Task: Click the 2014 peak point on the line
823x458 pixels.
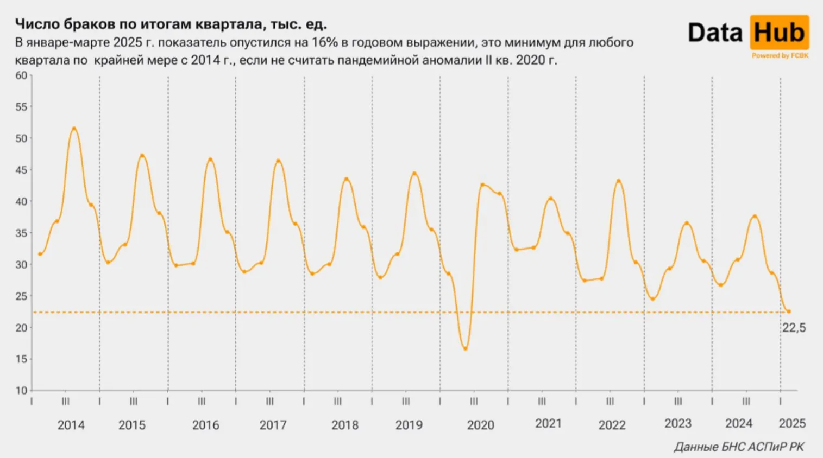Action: pyautogui.click(x=74, y=129)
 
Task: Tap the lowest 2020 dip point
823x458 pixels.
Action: pyautogui.click(x=466, y=348)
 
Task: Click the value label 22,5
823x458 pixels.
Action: pyautogui.click(x=794, y=328)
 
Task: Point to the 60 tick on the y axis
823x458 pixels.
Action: pyautogui.click(x=21, y=75)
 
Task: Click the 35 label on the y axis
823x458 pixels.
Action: pyautogui.click(x=21, y=233)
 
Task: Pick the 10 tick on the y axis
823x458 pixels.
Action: pyautogui.click(x=21, y=390)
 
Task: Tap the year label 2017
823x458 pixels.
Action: pyautogui.click(x=273, y=425)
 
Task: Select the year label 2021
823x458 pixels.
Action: pyautogui.click(x=548, y=424)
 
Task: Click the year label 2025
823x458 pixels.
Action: pyautogui.click(x=792, y=424)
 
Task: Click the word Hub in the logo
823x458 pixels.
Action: pyautogui.click(x=779, y=33)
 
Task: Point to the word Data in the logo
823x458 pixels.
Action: pyautogui.click(x=715, y=33)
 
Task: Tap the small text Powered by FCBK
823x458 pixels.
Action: pyautogui.click(x=780, y=55)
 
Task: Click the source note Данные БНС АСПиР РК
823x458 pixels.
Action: pyautogui.click(x=739, y=447)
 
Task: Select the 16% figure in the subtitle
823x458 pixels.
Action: pyautogui.click(x=324, y=42)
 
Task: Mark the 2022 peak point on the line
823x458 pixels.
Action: pyautogui.click(x=618, y=181)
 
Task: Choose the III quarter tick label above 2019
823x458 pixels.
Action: pyautogui.click(x=406, y=402)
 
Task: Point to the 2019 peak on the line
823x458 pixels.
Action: pyautogui.click(x=414, y=174)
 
